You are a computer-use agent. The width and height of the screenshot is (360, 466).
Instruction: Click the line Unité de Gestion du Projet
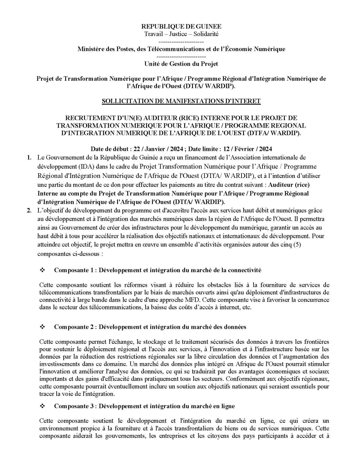click(x=181, y=64)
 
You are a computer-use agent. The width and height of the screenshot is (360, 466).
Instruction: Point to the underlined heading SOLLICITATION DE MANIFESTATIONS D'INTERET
click(x=181, y=101)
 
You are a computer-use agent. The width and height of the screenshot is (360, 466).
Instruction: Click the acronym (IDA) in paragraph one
click(x=79, y=166)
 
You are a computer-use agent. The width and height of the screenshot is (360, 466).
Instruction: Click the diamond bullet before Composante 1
click(x=42, y=270)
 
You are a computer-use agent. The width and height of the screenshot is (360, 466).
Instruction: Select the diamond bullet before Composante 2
click(x=42, y=327)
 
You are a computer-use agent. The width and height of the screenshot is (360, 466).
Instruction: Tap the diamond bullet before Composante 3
click(x=42, y=406)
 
